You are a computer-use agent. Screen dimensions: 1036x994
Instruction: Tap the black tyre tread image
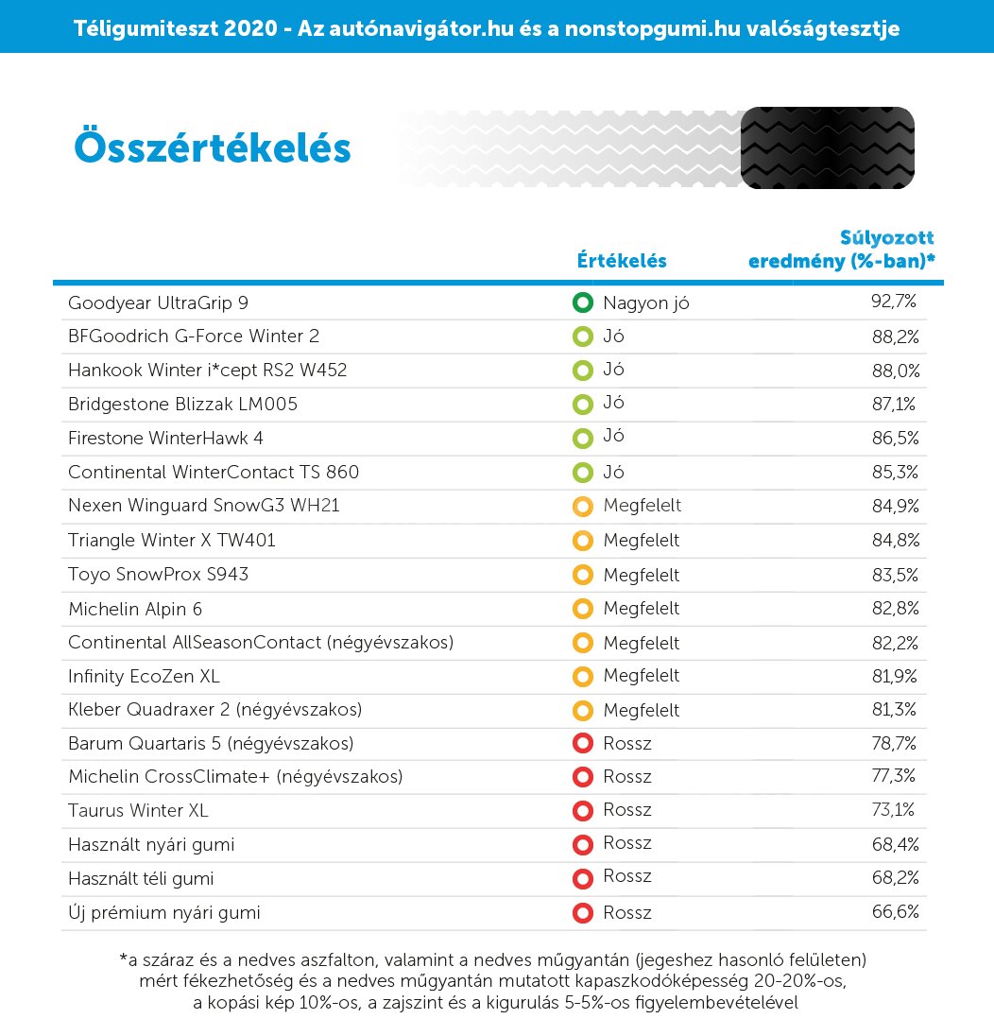(x=827, y=147)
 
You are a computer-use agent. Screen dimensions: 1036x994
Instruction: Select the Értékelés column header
(x=622, y=261)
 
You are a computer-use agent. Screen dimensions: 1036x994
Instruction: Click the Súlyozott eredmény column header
(x=842, y=250)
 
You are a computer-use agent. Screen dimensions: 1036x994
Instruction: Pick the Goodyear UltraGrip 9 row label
(x=159, y=303)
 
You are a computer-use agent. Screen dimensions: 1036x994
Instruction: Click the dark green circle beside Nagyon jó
(x=582, y=303)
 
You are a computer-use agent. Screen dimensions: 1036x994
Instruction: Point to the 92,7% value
(x=894, y=302)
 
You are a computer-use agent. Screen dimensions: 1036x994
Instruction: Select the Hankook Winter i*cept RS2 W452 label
(x=207, y=371)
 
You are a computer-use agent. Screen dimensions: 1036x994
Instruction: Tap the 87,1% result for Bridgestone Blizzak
(x=894, y=404)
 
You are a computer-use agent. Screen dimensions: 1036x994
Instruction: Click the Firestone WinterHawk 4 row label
(x=165, y=438)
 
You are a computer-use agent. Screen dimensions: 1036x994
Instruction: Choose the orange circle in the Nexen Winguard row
(x=582, y=506)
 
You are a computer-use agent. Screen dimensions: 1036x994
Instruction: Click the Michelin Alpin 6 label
(x=135, y=609)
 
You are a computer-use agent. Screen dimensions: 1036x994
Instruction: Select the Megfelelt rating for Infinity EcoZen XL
(x=641, y=676)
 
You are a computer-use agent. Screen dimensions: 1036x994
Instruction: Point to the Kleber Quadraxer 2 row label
(x=215, y=709)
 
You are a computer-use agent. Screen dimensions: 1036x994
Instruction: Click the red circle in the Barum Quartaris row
(x=582, y=744)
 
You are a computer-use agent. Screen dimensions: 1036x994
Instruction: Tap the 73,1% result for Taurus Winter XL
(x=894, y=810)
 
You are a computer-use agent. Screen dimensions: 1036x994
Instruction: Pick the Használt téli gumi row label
(x=141, y=878)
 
